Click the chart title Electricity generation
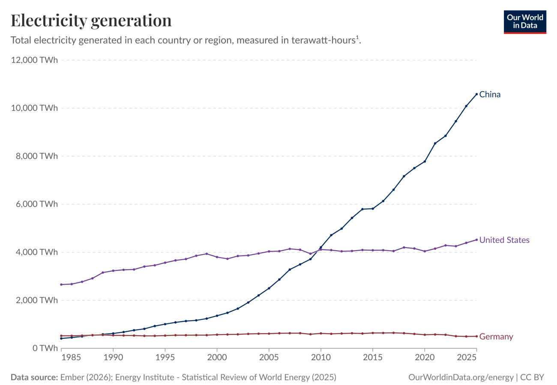pos(91,21)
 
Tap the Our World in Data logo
pos(525,22)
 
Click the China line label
pos(490,95)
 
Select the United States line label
pos(504,240)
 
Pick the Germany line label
pos(496,337)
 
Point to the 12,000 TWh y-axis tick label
pos(34,60)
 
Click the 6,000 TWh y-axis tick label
pos(36,204)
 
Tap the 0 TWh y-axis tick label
pos(45,348)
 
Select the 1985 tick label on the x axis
pos(71,357)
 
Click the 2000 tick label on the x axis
pos(217,357)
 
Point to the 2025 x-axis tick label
pos(467,357)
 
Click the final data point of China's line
pos(476,95)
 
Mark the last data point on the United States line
pos(476,240)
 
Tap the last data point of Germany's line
pos(476,336)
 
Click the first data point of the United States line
pos(61,284)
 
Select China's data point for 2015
pos(373,209)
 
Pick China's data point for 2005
pos(269,288)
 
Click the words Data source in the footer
pos(34,377)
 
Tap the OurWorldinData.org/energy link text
pos(461,377)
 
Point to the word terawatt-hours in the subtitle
pos(323,40)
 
